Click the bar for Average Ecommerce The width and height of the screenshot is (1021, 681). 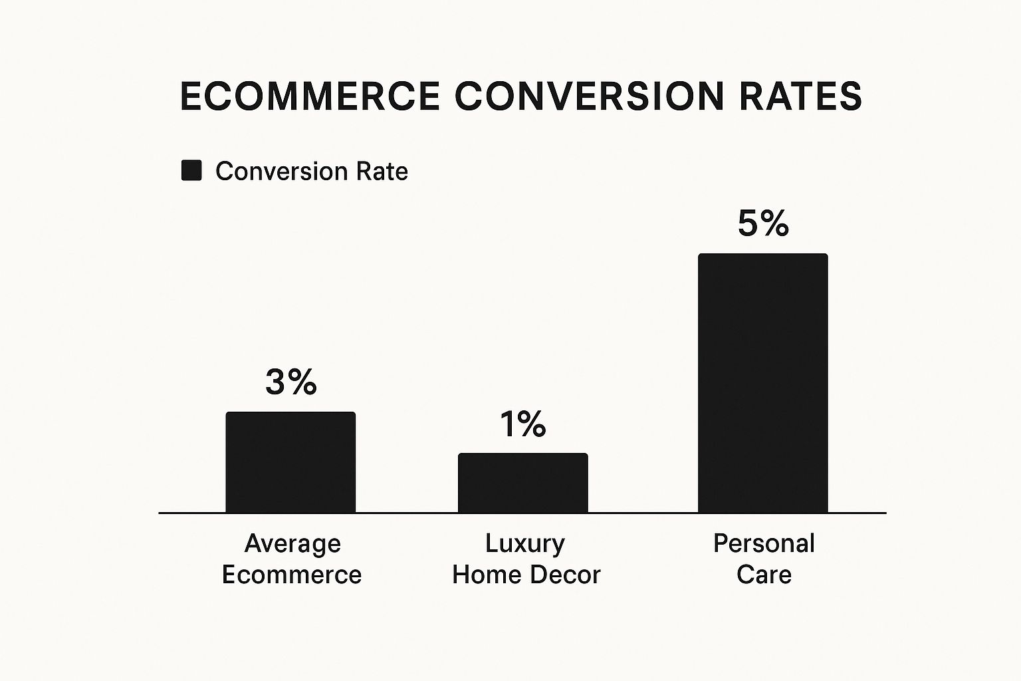pos(290,462)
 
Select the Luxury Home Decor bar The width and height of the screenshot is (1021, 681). pos(523,483)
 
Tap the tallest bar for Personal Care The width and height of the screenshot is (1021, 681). pos(762,383)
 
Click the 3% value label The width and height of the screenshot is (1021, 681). pos(291,382)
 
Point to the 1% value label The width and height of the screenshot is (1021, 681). pos(523,424)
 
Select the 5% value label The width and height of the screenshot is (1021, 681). pos(763,223)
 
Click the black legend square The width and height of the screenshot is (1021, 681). pos(191,171)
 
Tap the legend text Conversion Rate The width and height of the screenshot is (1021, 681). pos(311,172)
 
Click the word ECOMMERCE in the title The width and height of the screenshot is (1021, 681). pos(310,96)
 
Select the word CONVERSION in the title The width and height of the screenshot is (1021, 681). pos(589,96)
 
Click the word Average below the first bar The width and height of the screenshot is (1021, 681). pos(292,544)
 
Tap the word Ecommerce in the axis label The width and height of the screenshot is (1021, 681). pos(292,575)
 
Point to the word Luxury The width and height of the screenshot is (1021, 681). pos(524,544)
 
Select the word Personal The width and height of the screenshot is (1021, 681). pos(764,544)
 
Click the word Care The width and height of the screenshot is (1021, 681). pos(764,575)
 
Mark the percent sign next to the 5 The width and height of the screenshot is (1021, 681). pos(775,223)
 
